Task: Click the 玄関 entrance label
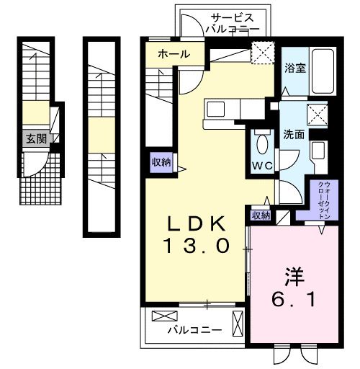[36, 139]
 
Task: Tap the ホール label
[173, 54]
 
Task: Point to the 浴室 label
[294, 69]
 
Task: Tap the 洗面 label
[293, 134]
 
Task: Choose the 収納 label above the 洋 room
[261, 215]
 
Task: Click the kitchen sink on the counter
[217, 110]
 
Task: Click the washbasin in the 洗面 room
[318, 151]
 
